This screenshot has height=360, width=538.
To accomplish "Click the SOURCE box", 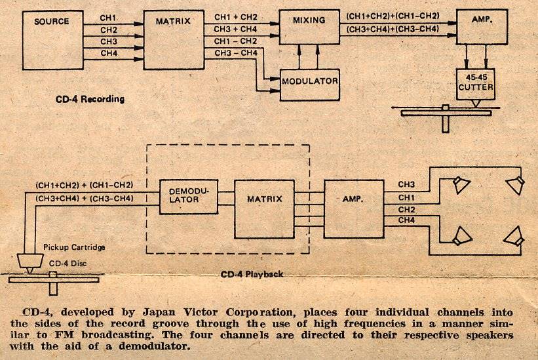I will [x=52, y=40].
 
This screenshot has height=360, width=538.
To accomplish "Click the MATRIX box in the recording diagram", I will [x=173, y=40].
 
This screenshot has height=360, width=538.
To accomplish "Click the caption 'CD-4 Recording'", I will [x=89, y=100].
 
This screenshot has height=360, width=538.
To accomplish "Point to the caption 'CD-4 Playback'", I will [x=252, y=273].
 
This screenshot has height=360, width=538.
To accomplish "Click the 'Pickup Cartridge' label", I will [x=73, y=247].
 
